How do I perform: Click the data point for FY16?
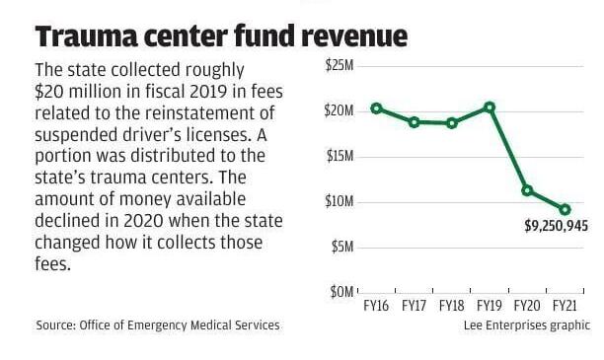(376, 108)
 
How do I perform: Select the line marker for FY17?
(414, 122)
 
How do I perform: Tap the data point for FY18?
(451, 123)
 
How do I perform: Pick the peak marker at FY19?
(490, 107)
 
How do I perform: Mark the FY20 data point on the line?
(527, 189)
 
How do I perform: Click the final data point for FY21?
(565, 209)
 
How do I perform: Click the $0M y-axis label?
(341, 292)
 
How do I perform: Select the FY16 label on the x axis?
(376, 306)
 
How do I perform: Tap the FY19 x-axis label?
(490, 306)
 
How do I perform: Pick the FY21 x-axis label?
(565, 306)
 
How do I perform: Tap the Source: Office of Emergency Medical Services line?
(158, 324)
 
